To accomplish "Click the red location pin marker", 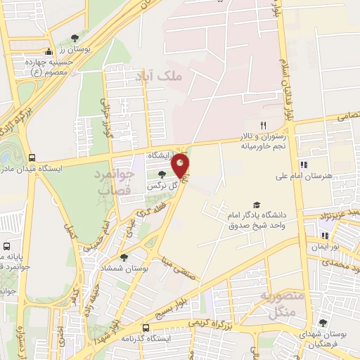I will [181, 165].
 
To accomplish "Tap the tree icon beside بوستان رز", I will [75, 38].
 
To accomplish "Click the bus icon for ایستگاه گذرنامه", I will [146, 328].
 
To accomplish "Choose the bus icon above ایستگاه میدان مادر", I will [32, 157].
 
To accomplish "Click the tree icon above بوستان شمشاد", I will [124, 258].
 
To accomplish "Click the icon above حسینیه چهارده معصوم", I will [48, 51].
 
